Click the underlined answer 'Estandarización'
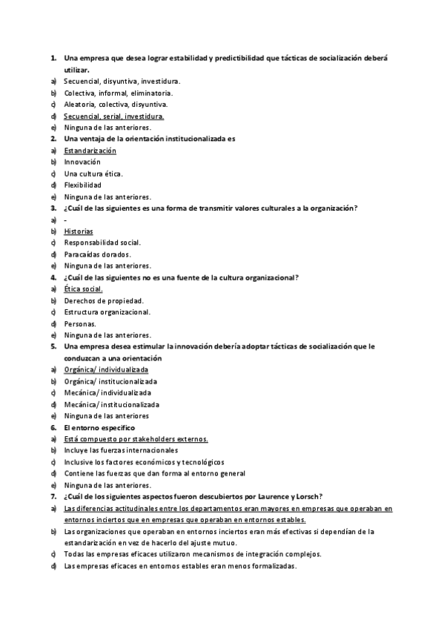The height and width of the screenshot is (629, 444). click(90, 151)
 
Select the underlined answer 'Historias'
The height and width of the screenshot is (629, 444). click(79, 231)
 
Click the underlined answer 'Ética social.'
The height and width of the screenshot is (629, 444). click(83, 289)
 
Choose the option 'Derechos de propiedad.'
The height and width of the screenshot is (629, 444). click(104, 300)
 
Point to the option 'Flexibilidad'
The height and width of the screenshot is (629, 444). click(83, 185)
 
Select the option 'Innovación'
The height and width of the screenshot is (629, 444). click(82, 162)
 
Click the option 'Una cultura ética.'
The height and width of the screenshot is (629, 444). click(93, 174)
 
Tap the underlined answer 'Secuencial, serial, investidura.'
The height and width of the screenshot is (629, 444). click(114, 116)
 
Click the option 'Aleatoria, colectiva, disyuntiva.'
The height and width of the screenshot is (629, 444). click(116, 105)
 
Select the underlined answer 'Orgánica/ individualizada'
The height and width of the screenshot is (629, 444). click(106, 369)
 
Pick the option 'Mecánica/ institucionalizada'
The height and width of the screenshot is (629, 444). click(112, 404)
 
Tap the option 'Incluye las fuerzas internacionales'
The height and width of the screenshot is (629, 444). click(121, 450)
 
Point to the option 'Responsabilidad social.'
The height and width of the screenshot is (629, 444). click(102, 243)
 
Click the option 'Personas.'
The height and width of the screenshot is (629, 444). click(80, 323)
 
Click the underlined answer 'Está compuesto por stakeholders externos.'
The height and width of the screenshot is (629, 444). click(136, 439)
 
